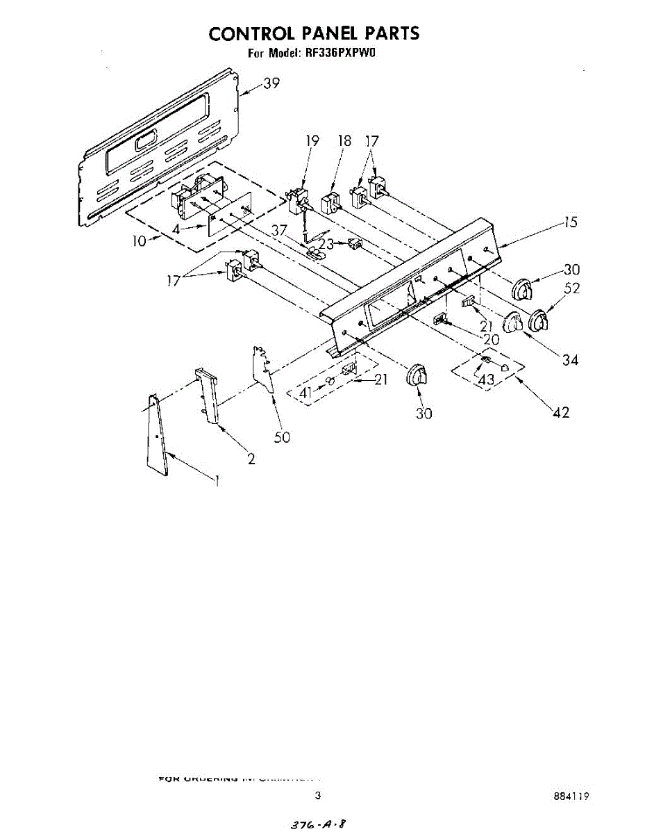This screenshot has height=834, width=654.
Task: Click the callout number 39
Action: pos(271,84)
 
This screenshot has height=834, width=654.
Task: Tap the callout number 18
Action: pos(344,141)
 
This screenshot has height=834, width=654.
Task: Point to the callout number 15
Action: pos(570,223)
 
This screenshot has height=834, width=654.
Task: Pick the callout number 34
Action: pos(570,359)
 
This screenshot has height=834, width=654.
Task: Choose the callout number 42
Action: pos(561,412)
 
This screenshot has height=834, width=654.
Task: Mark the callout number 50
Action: pos(282,437)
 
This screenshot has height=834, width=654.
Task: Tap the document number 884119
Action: pos(571,797)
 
